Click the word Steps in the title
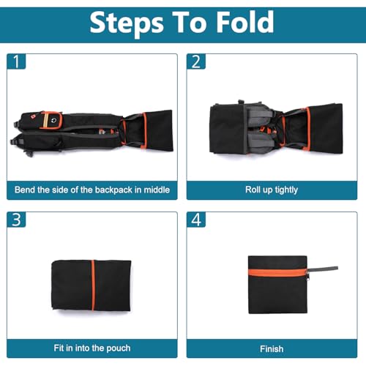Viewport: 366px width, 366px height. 127,23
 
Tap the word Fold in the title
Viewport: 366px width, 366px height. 245,22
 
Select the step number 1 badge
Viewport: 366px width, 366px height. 16,61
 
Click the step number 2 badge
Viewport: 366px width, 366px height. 196,61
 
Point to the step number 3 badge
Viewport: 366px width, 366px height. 16,220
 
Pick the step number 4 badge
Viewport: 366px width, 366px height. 196,220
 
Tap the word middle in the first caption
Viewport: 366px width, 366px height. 157,190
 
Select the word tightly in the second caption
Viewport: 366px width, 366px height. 286,190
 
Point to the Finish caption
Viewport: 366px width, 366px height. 272,349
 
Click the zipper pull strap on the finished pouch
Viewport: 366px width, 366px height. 323,269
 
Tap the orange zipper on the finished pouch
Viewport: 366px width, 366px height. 277,272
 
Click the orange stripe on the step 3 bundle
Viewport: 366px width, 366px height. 93,285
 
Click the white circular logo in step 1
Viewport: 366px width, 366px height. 54,120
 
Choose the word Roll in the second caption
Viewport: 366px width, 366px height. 252,190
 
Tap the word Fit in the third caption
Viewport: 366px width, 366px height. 59,348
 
